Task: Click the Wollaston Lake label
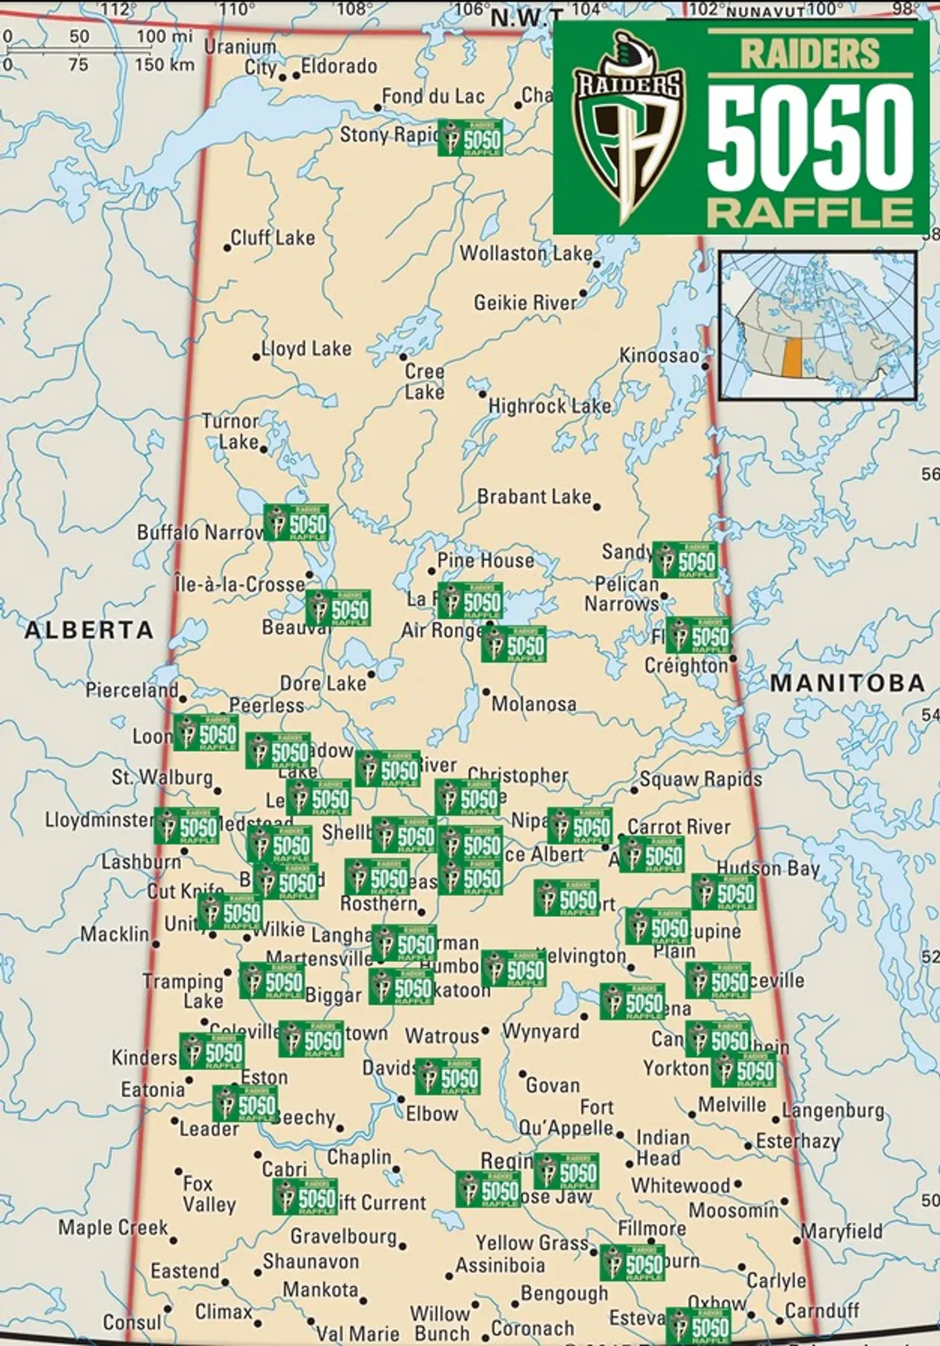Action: [526, 254]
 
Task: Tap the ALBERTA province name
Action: [89, 629]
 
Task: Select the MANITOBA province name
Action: [848, 682]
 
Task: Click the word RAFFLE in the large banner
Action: [810, 212]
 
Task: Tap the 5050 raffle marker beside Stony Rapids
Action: [470, 138]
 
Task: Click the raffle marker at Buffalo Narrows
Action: [296, 523]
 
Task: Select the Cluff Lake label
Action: [273, 237]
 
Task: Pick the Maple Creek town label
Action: [113, 1227]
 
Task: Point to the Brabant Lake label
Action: [534, 497]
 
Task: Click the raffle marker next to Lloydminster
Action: [186, 827]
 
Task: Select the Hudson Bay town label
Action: [768, 867]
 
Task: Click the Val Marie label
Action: [357, 1333]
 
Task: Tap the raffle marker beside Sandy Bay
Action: [685, 560]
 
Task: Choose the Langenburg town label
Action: [833, 1111]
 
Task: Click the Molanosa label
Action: [533, 704]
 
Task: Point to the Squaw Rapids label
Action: [700, 779]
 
